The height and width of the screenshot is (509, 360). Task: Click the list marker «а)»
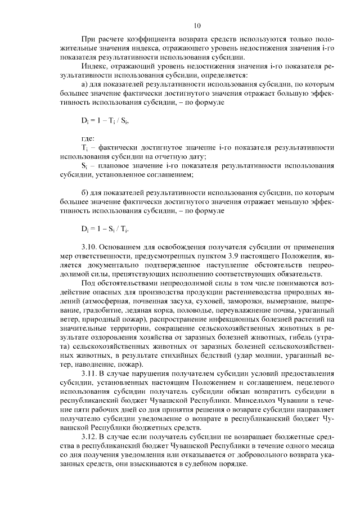(85, 84)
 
